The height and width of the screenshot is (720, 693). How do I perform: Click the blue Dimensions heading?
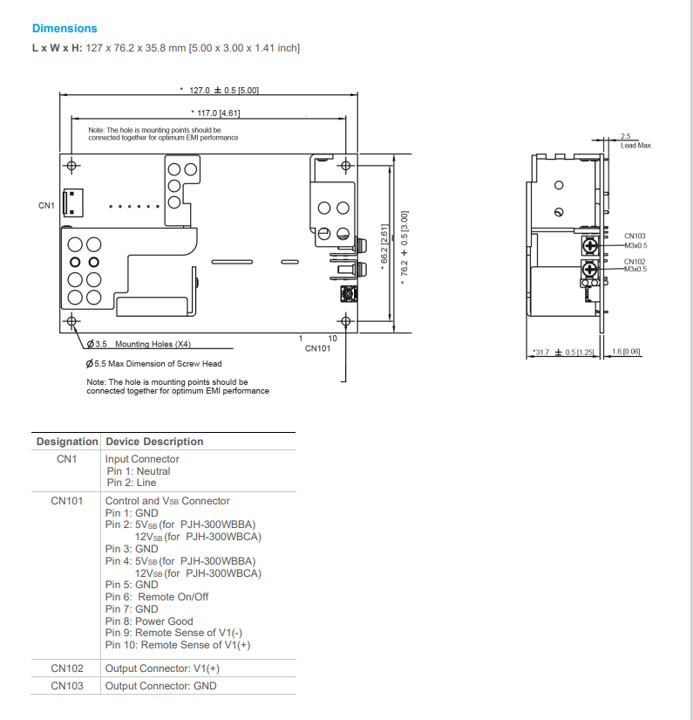coord(65,29)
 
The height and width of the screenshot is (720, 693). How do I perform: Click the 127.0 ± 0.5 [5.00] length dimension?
coord(220,90)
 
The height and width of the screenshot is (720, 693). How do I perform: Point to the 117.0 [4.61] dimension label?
coord(214,113)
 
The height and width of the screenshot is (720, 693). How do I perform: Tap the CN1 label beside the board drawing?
coord(46,206)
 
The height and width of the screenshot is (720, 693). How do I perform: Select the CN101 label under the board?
coord(317,348)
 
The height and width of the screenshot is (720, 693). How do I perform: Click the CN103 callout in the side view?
coord(635,236)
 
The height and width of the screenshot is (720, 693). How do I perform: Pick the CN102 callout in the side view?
coord(635,261)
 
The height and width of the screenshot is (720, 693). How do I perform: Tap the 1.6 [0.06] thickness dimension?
coord(626,351)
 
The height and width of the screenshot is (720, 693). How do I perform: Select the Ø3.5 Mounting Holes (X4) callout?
coord(139,344)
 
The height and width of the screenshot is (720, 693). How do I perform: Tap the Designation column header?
coord(67,442)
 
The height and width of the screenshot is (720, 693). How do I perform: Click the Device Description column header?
coord(154,442)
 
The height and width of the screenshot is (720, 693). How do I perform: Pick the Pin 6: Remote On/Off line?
coord(157,597)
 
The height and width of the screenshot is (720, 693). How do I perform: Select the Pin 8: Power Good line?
coord(149,621)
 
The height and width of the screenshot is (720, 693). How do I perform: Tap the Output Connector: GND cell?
coord(160,686)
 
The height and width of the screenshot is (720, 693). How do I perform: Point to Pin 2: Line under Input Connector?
coord(132,483)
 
